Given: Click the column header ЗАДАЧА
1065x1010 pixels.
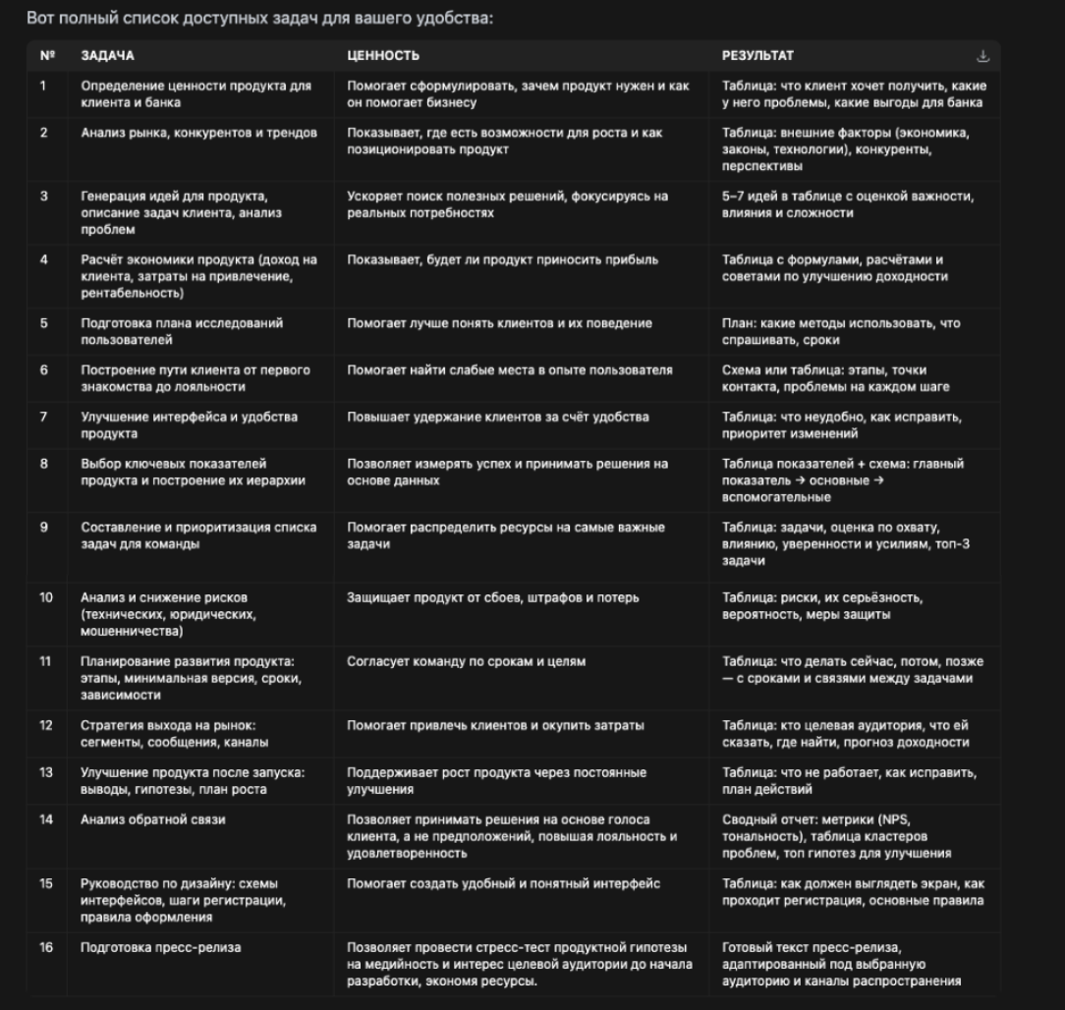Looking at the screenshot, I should pos(107,56).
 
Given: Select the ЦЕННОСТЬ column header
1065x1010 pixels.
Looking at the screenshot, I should pos(383,56).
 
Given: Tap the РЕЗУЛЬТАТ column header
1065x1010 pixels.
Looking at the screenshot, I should pos(758,56).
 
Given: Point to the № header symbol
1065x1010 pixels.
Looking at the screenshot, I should pos(46,56).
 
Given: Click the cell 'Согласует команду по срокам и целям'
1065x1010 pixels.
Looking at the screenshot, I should pos(466,661).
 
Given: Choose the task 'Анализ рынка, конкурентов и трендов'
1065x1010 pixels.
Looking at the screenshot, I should pos(198,133).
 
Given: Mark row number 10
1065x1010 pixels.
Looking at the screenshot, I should pos(46,597).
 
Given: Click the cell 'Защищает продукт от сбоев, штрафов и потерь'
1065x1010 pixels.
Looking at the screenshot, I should pos(492,597).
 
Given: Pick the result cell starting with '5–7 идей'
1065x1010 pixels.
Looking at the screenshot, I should pos(848,203).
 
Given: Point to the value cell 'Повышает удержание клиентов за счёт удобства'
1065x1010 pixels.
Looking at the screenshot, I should pos(497,417).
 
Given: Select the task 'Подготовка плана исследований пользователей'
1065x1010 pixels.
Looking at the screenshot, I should pos(181,331).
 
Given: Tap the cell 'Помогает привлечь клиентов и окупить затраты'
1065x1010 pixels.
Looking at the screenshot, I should pos(495,725).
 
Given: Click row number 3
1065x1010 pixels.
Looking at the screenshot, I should pos(44,196).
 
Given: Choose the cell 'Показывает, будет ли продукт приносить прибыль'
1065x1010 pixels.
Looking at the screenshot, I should pos(502,260).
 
